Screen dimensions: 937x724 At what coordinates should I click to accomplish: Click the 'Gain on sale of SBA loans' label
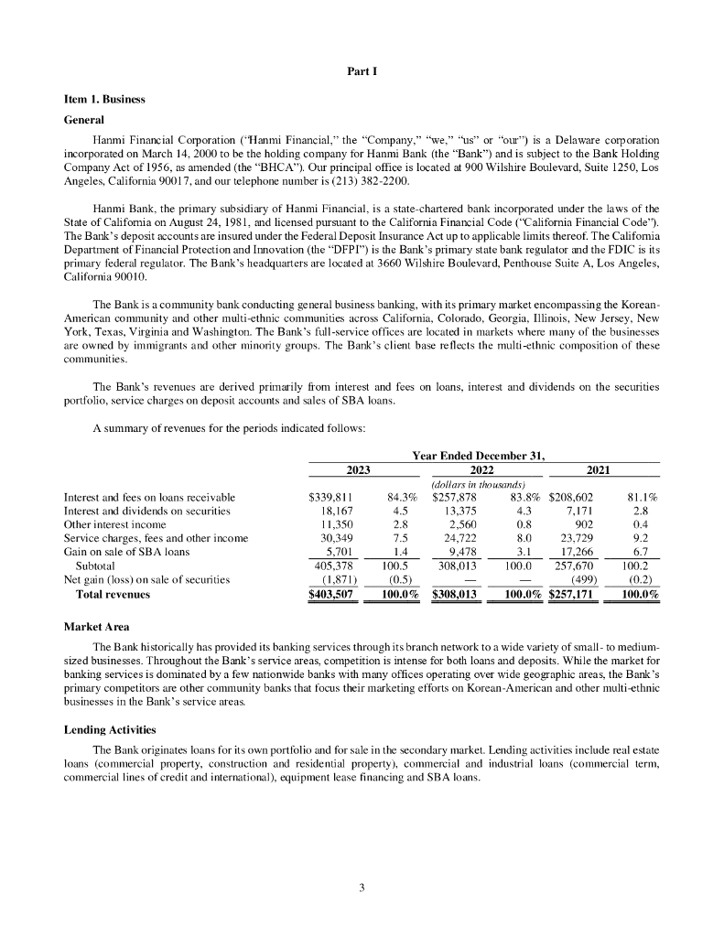coord(126,552)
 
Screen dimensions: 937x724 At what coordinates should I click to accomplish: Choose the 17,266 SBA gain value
coord(578,552)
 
